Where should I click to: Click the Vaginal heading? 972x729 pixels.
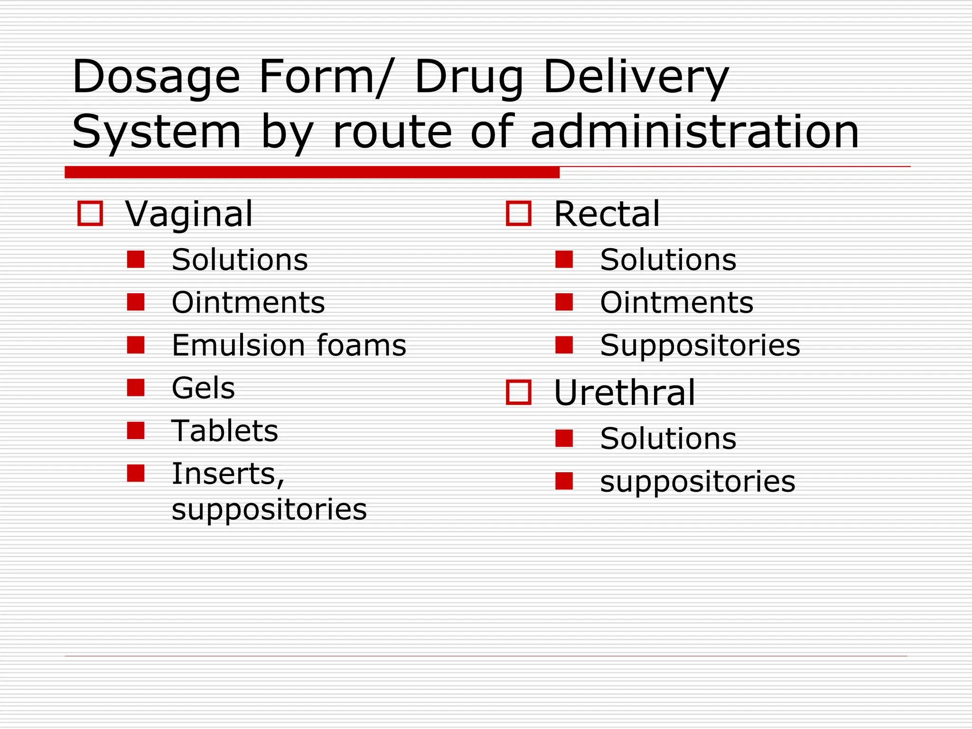(189, 214)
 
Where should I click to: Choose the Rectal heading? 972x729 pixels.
(607, 214)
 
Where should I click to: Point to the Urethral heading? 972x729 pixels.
(624, 393)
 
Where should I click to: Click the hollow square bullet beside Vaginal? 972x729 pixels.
(90, 213)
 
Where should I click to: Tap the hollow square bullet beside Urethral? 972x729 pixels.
(518, 392)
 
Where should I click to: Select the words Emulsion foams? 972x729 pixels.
(289, 345)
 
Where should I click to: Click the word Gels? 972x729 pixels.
(203, 388)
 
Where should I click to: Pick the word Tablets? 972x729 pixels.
(224, 431)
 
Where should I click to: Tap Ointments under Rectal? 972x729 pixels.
(676, 302)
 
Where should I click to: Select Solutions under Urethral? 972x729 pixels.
(668, 438)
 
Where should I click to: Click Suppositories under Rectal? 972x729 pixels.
(700, 345)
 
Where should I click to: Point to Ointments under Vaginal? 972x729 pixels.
(248, 302)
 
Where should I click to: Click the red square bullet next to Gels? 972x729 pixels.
(136, 387)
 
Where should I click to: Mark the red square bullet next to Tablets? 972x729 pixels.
(136, 430)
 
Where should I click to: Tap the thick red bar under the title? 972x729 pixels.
(312, 172)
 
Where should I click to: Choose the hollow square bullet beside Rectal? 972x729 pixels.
(518, 213)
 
